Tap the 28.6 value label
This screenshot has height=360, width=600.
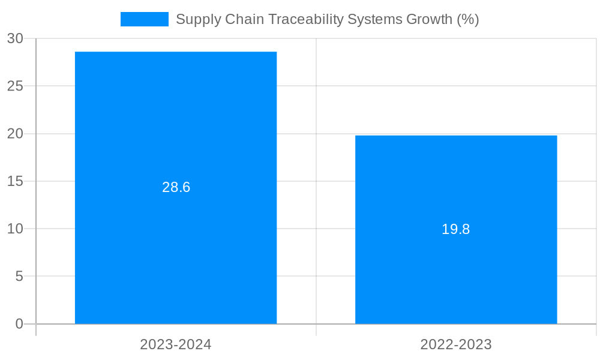pos(176,187)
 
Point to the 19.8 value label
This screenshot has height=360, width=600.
pos(456,229)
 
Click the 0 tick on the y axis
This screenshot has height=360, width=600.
pos(19,324)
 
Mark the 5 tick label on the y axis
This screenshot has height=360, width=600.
pos(19,277)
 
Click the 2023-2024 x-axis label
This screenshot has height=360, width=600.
pos(176,344)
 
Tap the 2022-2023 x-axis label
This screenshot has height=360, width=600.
pos(456,344)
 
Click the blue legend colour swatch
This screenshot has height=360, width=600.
pos(145,19)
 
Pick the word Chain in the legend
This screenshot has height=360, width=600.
pos(242,19)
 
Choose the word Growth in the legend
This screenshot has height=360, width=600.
pos(429,19)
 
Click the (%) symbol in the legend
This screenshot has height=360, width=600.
pos(468,19)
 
